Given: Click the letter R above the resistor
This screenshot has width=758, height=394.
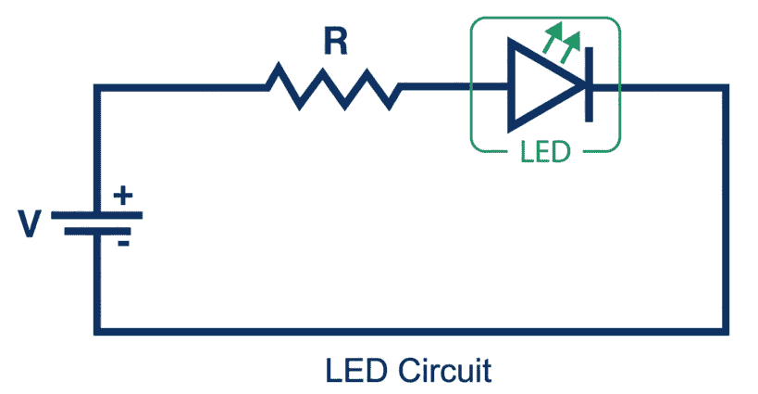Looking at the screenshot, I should point(334,41).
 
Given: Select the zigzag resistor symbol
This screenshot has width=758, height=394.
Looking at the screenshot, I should point(334,87).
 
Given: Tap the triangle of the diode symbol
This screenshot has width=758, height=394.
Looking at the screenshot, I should point(541,88).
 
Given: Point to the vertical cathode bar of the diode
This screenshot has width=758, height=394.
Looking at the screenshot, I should point(587,88).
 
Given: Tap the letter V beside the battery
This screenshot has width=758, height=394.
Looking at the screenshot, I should point(32,222).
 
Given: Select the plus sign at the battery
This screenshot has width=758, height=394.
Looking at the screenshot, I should point(122,196).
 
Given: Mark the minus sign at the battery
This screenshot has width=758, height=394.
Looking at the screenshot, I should point(122,243).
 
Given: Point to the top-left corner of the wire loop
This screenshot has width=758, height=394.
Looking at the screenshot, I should point(97,88).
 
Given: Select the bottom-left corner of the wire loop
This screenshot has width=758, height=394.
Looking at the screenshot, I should point(97,329).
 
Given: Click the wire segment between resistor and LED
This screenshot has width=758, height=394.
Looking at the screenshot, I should point(435,88).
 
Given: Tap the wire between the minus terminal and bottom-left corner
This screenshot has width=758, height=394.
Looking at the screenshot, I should point(97,283).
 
